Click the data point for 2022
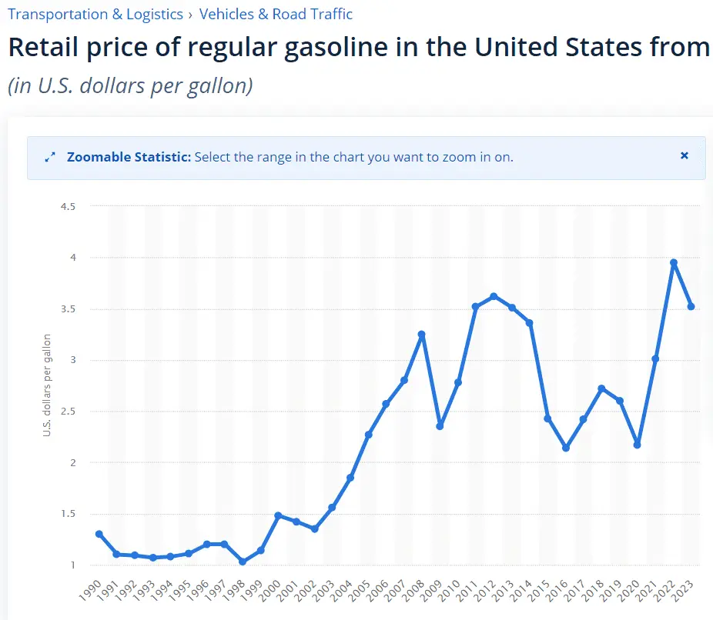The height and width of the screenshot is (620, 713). point(674,263)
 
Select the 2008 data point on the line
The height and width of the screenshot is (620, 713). point(421,335)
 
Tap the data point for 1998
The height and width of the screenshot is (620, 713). point(242,562)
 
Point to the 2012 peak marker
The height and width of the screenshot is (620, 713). point(494,296)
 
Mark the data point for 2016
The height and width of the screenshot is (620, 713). point(566,448)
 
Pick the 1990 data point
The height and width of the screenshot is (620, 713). point(99,534)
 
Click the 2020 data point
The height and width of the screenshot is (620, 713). point(638,445)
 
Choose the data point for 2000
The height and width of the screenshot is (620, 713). point(278,515)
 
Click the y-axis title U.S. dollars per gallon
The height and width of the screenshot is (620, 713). point(47,385)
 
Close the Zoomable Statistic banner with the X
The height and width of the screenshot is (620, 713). point(684,155)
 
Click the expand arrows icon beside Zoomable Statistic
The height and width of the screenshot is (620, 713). point(50,157)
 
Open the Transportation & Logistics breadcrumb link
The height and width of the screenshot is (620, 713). point(95,14)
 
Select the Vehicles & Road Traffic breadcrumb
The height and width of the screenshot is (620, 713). point(276,14)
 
